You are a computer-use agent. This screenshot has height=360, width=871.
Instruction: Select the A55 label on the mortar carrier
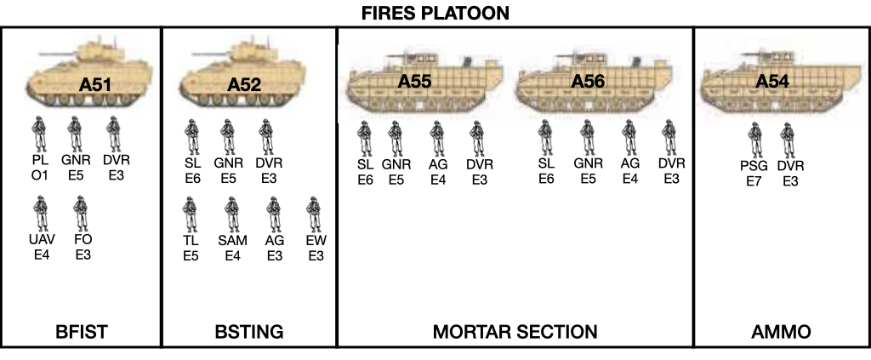click(414, 81)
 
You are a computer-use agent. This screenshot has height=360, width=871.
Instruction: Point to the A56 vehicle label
click(587, 81)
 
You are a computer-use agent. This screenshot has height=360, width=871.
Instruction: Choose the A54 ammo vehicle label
click(772, 81)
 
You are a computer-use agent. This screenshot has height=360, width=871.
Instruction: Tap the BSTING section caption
click(248, 331)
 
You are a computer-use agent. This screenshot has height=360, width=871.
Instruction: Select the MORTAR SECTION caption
click(515, 331)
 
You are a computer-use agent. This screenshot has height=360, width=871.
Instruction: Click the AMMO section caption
click(782, 331)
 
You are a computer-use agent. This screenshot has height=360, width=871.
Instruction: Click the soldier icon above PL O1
click(37, 135)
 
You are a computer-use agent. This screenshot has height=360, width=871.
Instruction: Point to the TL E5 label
click(191, 248)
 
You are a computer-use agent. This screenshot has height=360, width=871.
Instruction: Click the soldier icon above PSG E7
click(754, 139)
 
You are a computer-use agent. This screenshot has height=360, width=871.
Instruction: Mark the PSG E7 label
click(754, 173)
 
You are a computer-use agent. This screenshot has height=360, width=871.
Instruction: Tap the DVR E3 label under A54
click(790, 173)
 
